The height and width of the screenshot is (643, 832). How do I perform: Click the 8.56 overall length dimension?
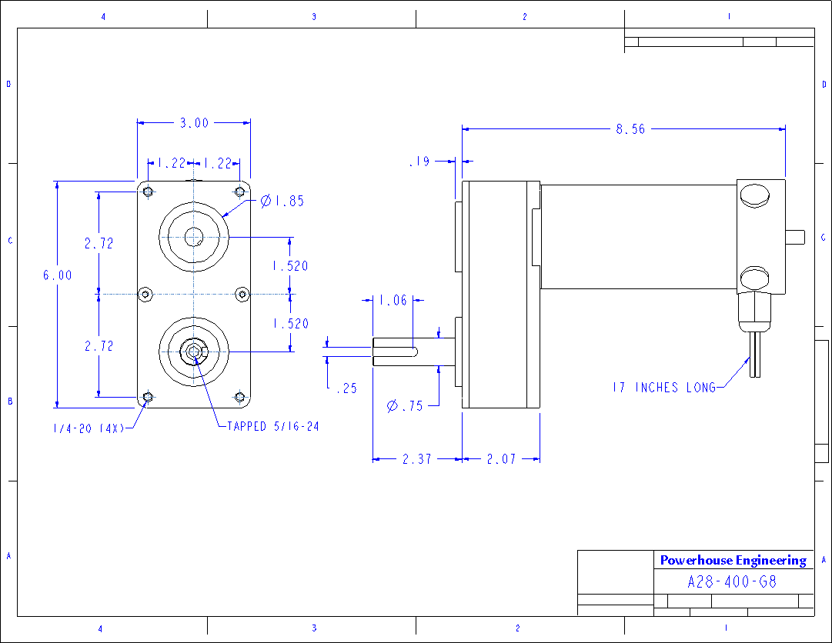click(x=630, y=128)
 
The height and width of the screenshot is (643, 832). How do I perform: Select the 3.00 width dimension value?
click(x=194, y=123)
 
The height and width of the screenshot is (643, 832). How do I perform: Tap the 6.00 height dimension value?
click(x=57, y=275)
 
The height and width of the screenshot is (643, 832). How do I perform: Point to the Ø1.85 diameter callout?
click(x=282, y=201)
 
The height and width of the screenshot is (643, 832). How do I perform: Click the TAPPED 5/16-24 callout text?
click(x=273, y=426)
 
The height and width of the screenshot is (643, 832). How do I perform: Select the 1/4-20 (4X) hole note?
click(x=88, y=428)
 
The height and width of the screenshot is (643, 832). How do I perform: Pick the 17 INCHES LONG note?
click(x=664, y=388)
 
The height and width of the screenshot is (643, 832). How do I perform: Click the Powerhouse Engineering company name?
click(x=733, y=560)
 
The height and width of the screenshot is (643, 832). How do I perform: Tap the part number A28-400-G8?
click(x=732, y=582)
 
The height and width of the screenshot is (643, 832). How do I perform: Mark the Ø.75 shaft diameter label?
click(x=405, y=406)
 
